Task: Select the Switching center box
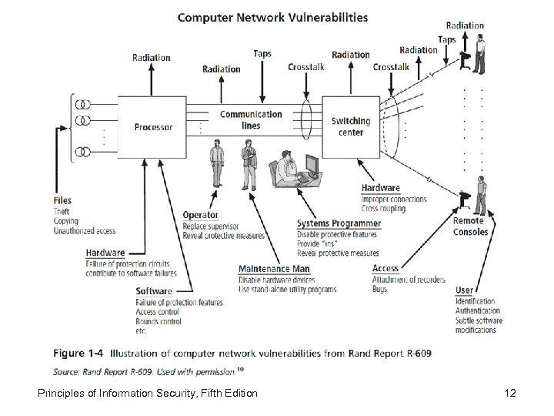(350, 126)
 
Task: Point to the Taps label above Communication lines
(262, 53)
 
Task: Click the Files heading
(63, 201)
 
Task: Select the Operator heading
(200, 216)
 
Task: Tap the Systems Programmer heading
(339, 224)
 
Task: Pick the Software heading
(154, 291)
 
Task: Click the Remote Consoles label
(470, 226)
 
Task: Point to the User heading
(464, 290)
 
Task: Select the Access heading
(385, 269)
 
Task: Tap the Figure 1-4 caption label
(78, 353)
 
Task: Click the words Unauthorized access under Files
(85, 230)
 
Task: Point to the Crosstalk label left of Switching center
(306, 67)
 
